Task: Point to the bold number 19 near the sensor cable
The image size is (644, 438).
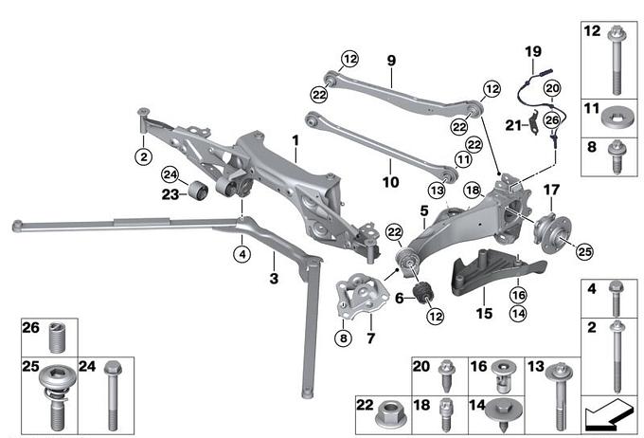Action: (532, 50)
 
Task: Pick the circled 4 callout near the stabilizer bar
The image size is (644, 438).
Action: (242, 254)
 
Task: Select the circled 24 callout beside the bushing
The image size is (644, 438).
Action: (170, 173)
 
